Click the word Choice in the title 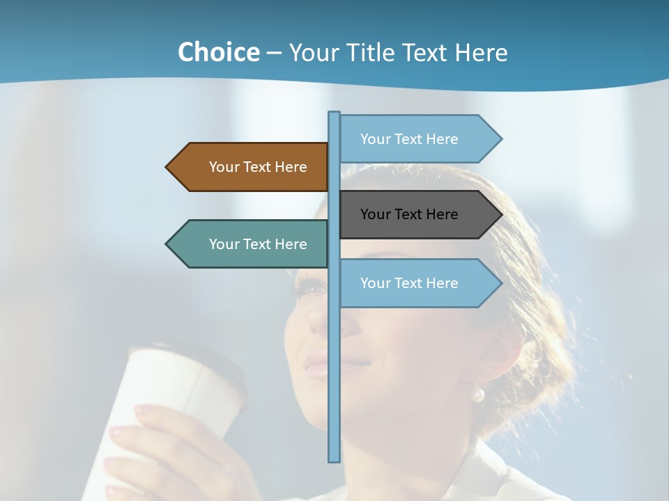pos(218,53)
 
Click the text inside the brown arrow pos(258,167)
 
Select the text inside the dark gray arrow pos(409,214)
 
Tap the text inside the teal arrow pos(258,244)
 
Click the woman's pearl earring pos(477,395)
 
